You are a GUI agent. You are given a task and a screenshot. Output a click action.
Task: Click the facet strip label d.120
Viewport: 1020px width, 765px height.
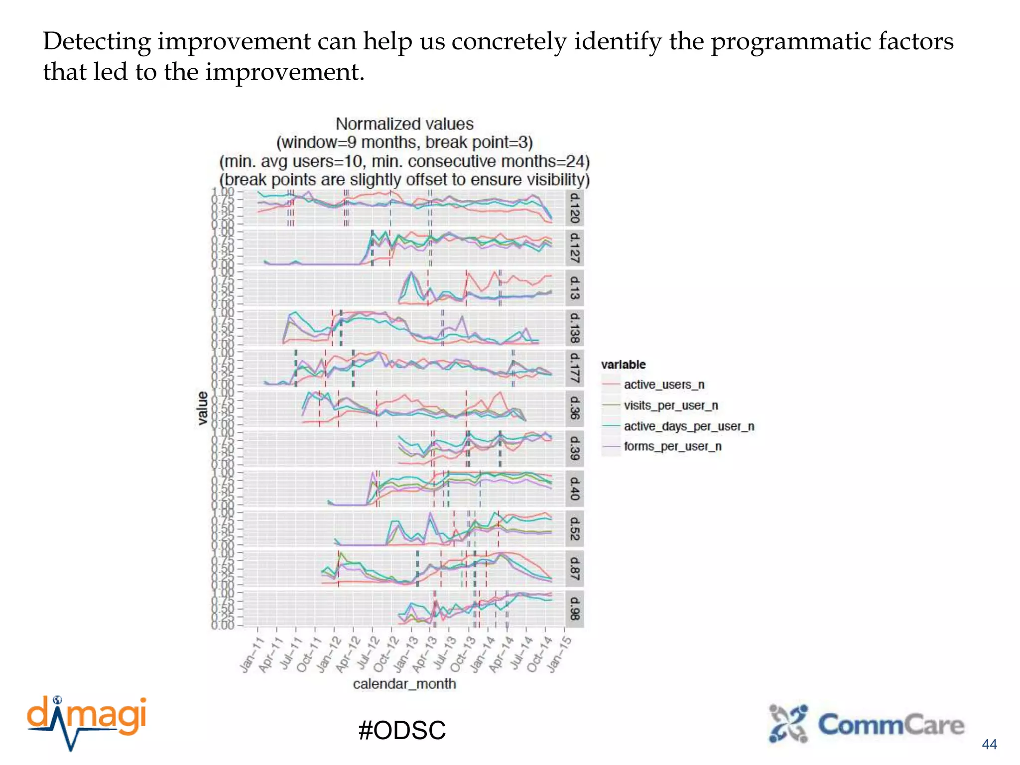click(x=574, y=208)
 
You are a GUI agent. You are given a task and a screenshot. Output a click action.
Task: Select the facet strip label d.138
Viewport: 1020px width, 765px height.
click(x=574, y=328)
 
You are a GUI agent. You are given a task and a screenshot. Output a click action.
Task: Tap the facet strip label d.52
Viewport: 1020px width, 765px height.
click(x=574, y=528)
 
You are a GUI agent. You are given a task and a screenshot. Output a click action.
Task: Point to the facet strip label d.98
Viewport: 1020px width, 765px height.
click(x=574, y=608)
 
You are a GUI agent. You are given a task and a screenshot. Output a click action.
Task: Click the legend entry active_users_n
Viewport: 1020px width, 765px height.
click(x=664, y=385)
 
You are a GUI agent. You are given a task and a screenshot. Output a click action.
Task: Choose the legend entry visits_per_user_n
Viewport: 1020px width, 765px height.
click(x=670, y=405)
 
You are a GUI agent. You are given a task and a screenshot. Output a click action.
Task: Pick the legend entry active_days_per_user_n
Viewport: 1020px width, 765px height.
click(x=688, y=426)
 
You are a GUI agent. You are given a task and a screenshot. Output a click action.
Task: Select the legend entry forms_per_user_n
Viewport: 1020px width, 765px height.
click(x=672, y=446)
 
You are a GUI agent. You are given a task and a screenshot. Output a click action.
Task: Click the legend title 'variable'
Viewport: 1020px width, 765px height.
click(x=623, y=365)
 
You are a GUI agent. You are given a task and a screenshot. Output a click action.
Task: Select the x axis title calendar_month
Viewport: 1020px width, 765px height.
click(x=404, y=684)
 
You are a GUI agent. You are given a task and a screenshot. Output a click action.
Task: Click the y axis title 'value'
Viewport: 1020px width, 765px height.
click(x=202, y=408)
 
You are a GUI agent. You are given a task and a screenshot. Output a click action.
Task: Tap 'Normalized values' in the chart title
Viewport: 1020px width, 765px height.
click(x=404, y=124)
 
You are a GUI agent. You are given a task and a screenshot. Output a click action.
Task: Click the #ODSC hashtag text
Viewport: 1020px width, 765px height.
click(x=402, y=730)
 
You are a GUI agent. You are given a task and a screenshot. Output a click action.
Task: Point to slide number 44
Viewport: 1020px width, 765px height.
click(x=989, y=744)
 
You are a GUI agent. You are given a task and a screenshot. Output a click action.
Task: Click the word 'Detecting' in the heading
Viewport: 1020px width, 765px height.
click(x=97, y=42)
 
